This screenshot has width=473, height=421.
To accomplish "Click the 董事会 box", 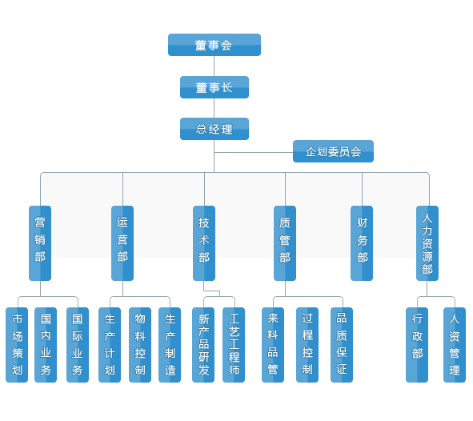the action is click(x=214, y=45).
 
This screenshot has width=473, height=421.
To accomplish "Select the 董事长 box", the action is click(x=214, y=87).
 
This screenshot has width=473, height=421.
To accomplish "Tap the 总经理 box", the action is click(x=214, y=129).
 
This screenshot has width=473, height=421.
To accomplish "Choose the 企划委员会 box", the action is click(x=333, y=151).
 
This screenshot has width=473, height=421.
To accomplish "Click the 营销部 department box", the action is click(x=40, y=243).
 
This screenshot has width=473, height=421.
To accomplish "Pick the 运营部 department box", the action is click(x=122, y=243).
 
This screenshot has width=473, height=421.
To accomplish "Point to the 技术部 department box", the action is click(x=204, y=243).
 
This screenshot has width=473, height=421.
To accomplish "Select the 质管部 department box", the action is click(x=285, y=243).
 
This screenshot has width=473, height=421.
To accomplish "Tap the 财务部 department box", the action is click(x=362, y=243).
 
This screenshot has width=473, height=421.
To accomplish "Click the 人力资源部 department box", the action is click(x=427, y=243).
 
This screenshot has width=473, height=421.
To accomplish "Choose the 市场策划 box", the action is click(x=17, y=345).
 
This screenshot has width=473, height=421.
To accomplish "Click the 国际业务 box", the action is click(x=78, y=345).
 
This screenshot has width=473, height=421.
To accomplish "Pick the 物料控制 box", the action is click(x=140, y=345).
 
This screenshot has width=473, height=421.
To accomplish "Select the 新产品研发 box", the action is click(x=203, y=345).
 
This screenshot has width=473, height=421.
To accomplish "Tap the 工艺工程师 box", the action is click(x=234, y=345).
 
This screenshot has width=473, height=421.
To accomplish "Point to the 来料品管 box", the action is click(x=273, y=345).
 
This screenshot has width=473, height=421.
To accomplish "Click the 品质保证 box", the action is click(x=342, y=345).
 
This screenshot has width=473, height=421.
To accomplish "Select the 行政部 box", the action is click(x=417, y=345).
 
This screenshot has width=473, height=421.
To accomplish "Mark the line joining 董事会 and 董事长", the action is click(x=214, y=66).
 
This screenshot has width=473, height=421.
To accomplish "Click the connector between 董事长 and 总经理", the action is click(x=214, y=108).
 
